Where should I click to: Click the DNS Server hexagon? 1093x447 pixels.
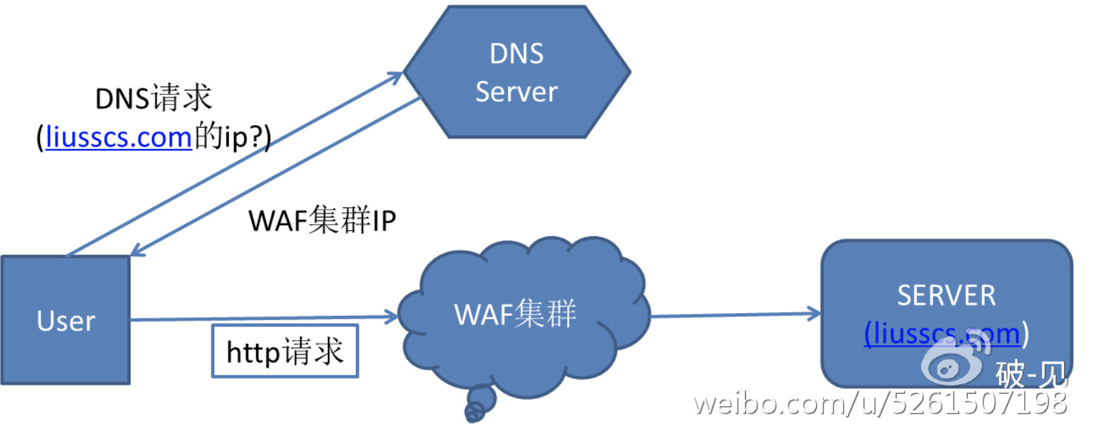coord(517,72)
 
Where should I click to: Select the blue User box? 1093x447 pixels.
coord(66,320)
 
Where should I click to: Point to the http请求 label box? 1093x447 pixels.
coord(285,351)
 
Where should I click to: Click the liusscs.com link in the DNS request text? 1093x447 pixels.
coord(118,137)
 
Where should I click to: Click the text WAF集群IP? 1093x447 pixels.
coord(322,220)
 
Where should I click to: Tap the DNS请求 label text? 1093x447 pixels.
coord(154,98)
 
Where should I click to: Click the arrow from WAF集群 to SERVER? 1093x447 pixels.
coord(736,315)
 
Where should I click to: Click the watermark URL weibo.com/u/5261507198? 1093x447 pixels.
coord(880,404)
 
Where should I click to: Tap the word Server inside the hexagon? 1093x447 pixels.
coord(516,92)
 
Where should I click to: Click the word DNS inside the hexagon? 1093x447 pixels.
coord(516,54)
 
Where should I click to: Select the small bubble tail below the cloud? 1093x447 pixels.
coord(479,404)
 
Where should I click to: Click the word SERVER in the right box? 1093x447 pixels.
coord(946,295)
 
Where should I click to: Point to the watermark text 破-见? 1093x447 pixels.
coord(1030,373)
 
